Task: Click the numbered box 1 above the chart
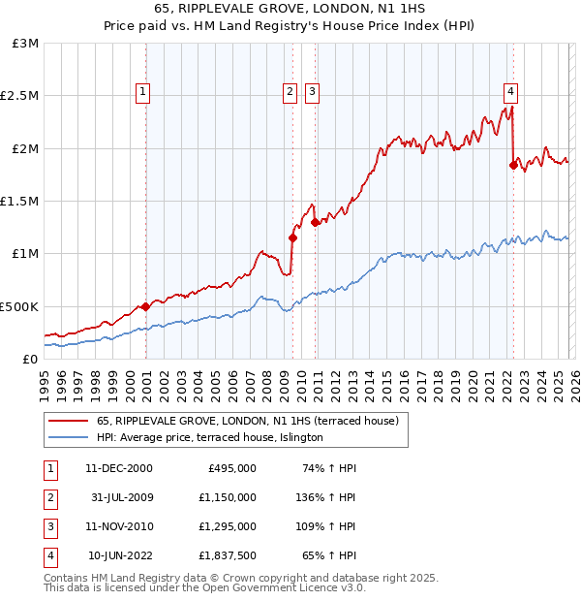142,92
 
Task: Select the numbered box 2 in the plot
290,92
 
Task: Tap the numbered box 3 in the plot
312,92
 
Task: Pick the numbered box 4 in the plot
510,92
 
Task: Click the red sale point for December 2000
145,306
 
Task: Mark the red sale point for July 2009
292,237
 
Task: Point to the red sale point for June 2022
513,165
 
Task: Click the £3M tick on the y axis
26,44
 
